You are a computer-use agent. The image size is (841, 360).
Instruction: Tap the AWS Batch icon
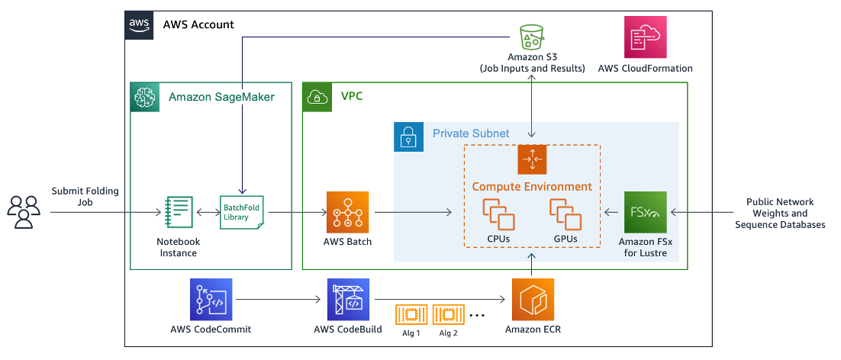click(347, 212)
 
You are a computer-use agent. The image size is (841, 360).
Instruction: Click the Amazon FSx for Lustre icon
click(645, 212)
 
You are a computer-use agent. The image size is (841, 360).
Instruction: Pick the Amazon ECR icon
click(533, 299)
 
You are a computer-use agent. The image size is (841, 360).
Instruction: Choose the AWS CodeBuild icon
click(348, 299)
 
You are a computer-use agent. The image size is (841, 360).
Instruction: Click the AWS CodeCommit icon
click(211, 299)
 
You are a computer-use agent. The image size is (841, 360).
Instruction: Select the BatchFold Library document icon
click(241, 212)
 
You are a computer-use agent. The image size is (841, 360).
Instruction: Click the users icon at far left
click(24, 212)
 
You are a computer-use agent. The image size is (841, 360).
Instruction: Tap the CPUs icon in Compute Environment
click(498, 214)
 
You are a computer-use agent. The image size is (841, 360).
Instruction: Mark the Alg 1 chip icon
click(411, 314)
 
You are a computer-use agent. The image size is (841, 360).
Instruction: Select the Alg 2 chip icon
click(448, 314)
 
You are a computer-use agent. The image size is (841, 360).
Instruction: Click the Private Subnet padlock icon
click(408, 136)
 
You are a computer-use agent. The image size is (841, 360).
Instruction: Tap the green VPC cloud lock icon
click(317, 97)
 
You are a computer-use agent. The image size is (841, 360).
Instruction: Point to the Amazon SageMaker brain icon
click(145, 97)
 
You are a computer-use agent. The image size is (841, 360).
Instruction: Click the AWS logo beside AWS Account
click(139, 24)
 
